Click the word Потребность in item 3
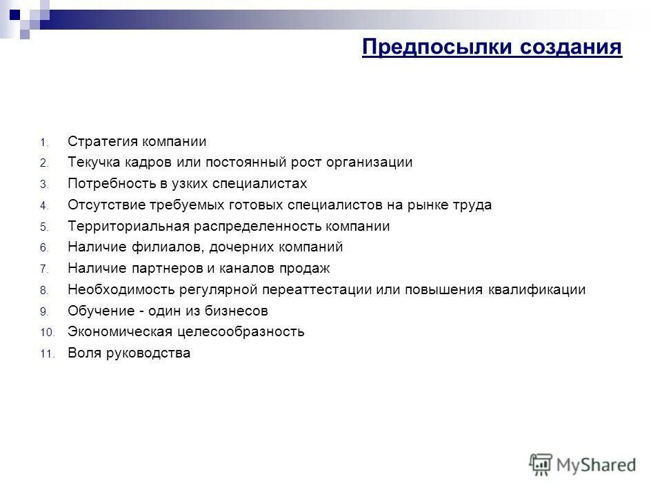[106, 184]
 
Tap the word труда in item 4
[473, 205]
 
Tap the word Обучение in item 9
[97, 311]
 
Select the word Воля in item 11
[83, 353]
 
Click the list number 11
[46, 355]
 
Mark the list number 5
[43, 227]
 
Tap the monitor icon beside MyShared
[541, 464]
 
